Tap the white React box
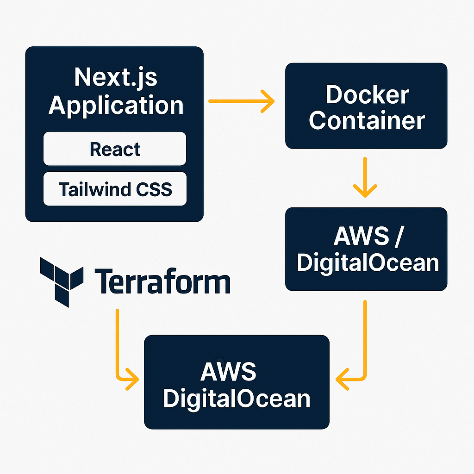(115, 149)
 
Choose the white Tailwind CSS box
(115, 189)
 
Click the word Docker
(367, 95)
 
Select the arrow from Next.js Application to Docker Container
(241, 100)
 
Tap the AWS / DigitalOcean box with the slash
(366, 249)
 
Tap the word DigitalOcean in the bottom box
(237, 399)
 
